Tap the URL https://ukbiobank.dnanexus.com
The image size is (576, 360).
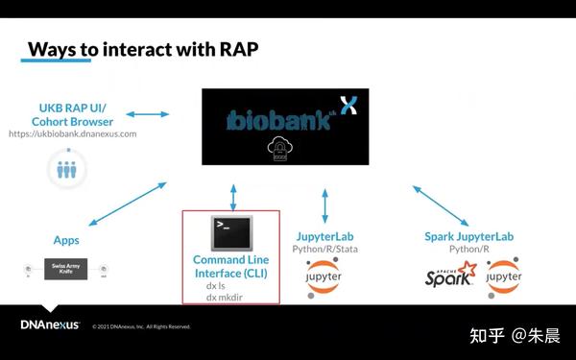coord(73,133)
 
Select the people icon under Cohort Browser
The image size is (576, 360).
coord(66,169)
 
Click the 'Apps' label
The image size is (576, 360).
coord(66,239)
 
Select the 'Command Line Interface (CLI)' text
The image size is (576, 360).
coord(230,266)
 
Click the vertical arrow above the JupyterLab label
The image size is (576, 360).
coord(324,205)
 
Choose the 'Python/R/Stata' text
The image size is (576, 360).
coord(324,250)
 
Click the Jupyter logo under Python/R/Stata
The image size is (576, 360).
coord(324,277)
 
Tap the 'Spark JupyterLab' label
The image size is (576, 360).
coord(469,236)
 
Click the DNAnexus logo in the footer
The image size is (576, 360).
coord(50,324)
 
